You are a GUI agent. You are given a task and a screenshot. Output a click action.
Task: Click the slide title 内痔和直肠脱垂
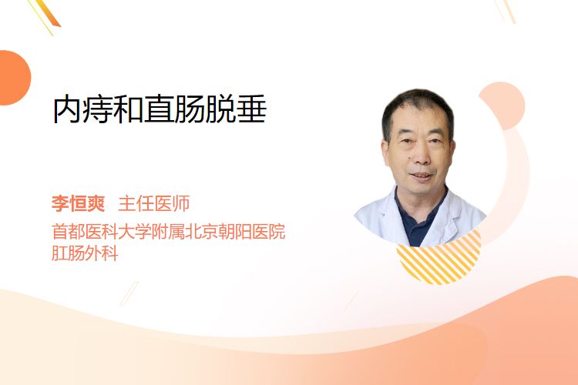[x=160, y=109]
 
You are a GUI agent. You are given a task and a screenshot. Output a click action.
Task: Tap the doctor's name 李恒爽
[x=79, y=203]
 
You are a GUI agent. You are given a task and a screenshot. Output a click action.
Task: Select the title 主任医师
[x=153, y=203]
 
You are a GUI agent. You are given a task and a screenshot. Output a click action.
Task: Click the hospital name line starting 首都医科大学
[x=169, y=232]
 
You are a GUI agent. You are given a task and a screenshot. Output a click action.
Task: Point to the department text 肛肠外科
[x=85, y=253]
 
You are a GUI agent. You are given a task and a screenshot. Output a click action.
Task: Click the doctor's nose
[x=421, y=156]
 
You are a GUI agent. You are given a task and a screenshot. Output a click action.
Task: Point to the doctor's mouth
[x=422, y=176]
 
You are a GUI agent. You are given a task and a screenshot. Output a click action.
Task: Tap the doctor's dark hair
[x=418, y=107]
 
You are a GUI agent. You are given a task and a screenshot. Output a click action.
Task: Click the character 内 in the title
[x=68, y=109]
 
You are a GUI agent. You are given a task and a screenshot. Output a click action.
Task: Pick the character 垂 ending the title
[x=252, y=109]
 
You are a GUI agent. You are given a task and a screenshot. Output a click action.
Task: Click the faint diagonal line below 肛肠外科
[x=129, y=293]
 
